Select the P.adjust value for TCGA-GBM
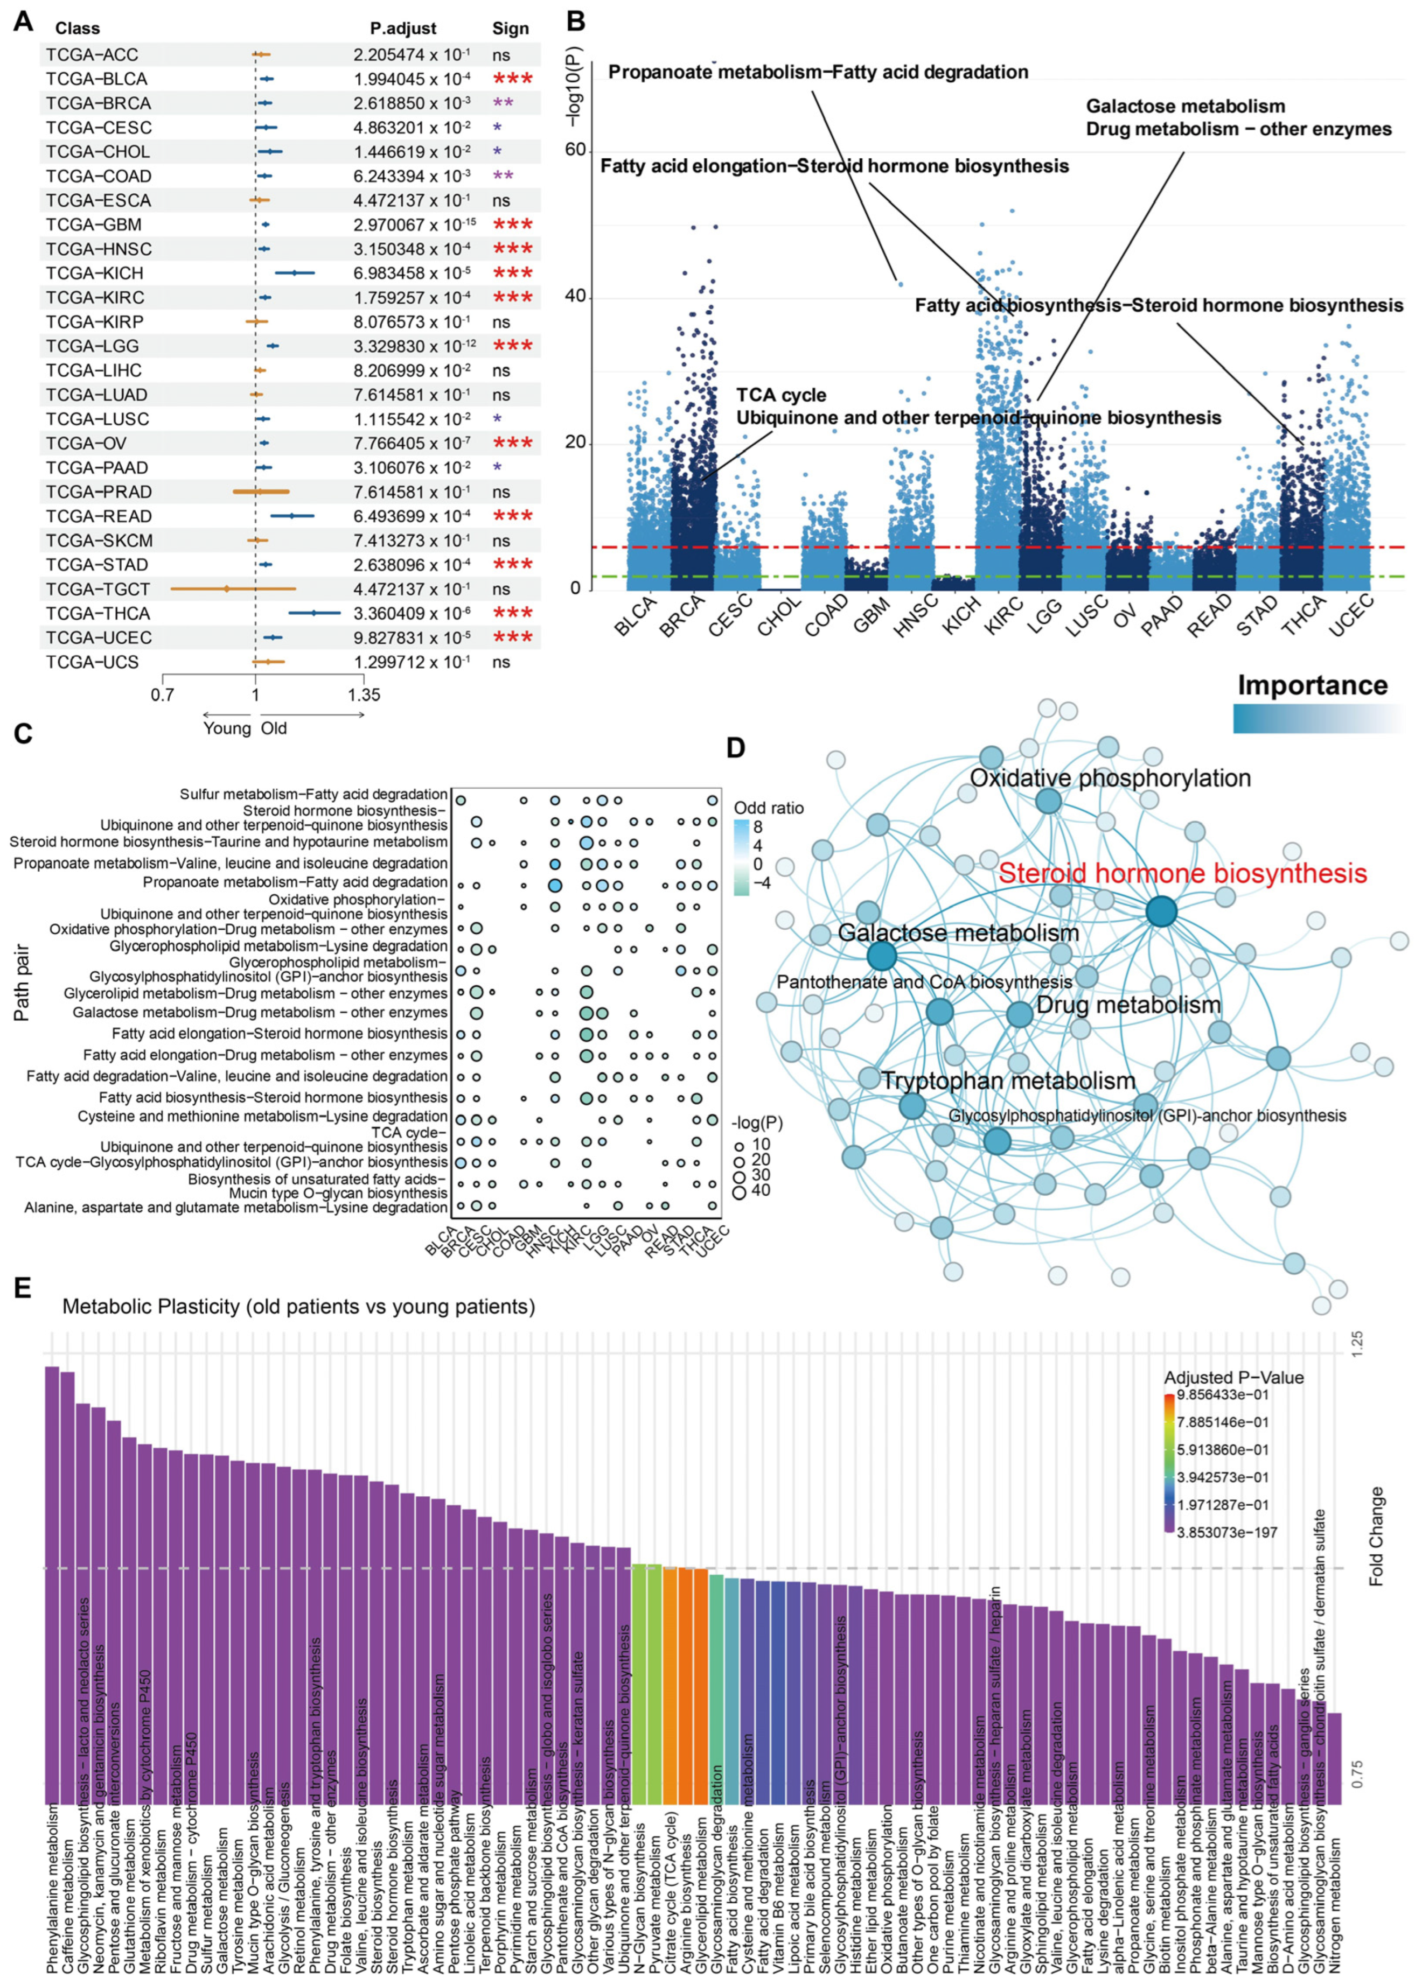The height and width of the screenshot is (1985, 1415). point(412,225)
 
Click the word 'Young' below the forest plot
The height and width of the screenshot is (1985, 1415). point(227,728)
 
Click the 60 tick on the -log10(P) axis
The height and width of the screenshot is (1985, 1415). point(575,150)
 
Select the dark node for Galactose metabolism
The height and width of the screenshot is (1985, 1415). point(882,956)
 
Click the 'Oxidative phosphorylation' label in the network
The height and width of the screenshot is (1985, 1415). point(1110,778)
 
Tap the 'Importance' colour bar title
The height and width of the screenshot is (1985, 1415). point(1312,685)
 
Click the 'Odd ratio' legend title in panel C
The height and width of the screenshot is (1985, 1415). point(769,808)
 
